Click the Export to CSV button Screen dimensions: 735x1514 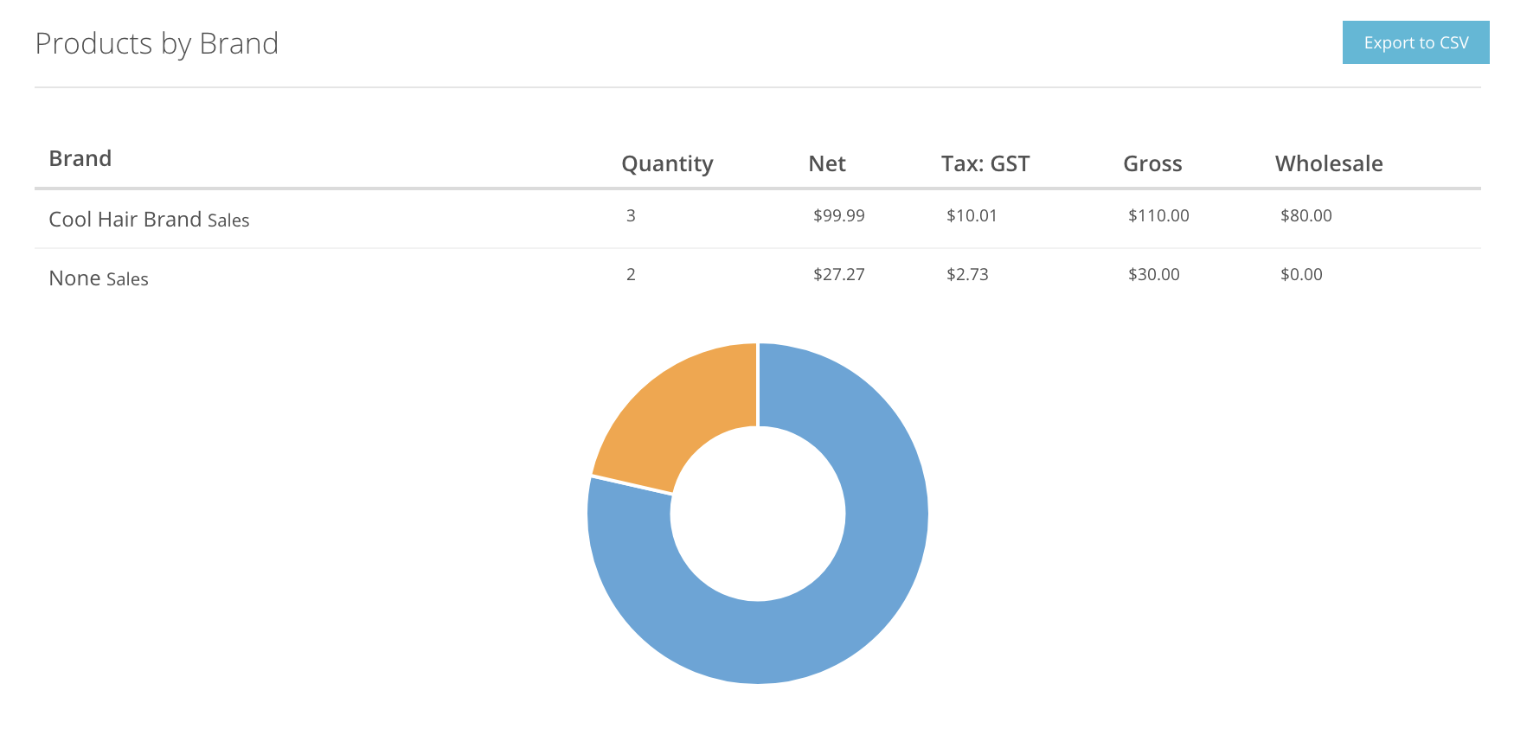(1415, 43)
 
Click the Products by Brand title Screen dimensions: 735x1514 (157, 43)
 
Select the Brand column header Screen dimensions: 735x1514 (80, 158)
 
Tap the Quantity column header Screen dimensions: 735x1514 (667, 163)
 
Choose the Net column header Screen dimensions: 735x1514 (827, 163)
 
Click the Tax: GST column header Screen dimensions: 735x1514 (985, 163)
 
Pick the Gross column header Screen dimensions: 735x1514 (1152, 163)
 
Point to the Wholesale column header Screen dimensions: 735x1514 (1329, 163)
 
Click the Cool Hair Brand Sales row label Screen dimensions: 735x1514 (149, 220)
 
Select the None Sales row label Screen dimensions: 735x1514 (99, 278)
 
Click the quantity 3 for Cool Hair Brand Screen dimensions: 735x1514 (631, 215)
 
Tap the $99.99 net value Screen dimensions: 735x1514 (838, 215)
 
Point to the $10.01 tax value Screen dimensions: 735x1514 (972, 215)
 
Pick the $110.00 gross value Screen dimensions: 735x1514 (1158, 215)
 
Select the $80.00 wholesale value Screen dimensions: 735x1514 (1306, 215)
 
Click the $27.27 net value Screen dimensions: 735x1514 (838, 274)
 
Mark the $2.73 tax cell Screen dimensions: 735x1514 (967, 274)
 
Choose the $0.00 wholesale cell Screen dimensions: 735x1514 (1301, 274)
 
